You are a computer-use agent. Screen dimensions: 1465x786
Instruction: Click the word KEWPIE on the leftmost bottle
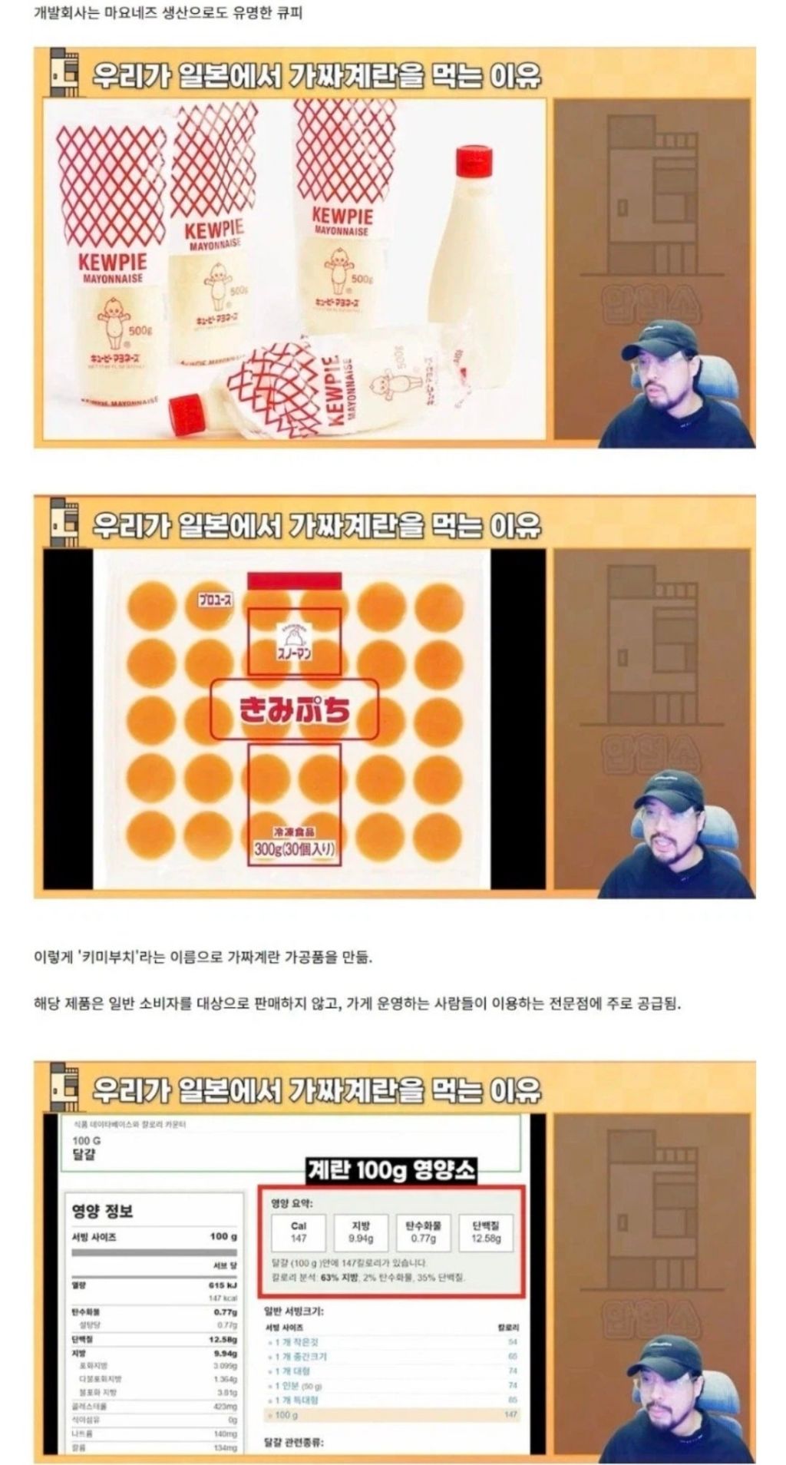112,261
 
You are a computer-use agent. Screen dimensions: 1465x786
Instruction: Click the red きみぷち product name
295,709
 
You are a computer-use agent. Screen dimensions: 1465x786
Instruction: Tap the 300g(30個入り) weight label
295,849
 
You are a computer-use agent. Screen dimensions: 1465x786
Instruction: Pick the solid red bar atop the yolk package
294,580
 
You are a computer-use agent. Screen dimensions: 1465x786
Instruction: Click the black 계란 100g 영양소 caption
391,1170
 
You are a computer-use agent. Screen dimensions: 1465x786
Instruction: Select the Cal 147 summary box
299,1232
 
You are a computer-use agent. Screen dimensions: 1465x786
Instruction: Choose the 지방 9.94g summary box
361,1232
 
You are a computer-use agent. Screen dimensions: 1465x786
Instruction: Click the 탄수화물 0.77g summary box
424,1232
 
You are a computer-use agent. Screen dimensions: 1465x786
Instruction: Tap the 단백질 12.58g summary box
487,1232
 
